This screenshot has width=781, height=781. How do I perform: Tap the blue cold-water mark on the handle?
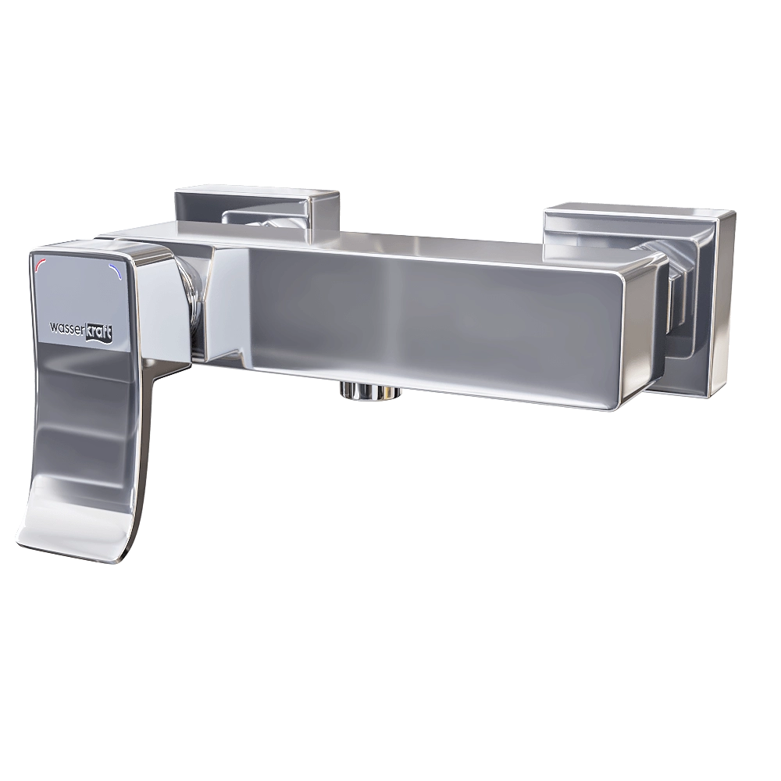[x=117, y=271]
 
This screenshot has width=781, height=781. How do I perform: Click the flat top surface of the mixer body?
[x=390, y=238]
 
